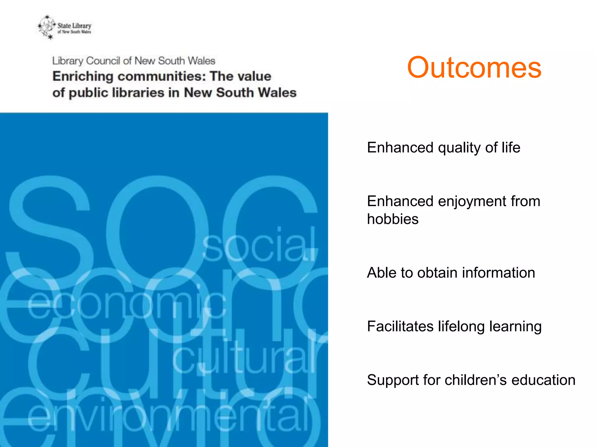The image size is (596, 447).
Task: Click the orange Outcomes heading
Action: (x=474, y=68)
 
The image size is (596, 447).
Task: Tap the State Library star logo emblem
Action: (x=47, y=27)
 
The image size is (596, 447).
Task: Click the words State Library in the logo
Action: (x=74, y=26)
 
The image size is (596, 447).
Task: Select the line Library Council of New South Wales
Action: (x=134, y=61)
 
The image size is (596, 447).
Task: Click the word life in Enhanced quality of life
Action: (x=510, y=147)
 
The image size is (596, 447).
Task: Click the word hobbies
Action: (x=393, y=219)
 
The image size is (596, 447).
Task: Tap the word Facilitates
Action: (x=400, y=326)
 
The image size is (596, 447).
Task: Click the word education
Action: (x=543, y=380)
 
